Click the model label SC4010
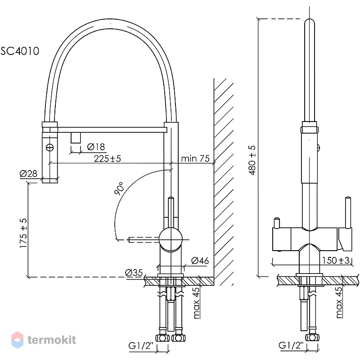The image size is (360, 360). pyautogui.click(x=20, y=51)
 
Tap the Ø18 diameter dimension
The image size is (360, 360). pyautogui.click(x=96, y=147)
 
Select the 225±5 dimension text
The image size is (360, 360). pyautogui.click(x=107, y=158)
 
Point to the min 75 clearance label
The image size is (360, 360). pyautogui.click(x=195, y=158)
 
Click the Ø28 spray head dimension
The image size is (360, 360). pyautogui.click(x=28, y=174)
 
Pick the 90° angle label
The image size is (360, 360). pyautogui.click(x=119, y=189)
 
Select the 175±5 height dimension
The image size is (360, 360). pyautogui.click(x=23, y=233)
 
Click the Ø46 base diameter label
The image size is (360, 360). pyautogui.click(x=200, y=261)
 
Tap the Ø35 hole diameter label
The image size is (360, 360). pyautogui.click(x=134, y=273)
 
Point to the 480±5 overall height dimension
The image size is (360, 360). pyautogui.click(x=252, y=160)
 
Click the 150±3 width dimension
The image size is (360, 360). pyautogui.click(x=336, y=261)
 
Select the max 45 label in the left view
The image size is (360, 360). pyautogui.click(x=196, y=302)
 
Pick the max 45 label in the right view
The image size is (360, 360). pyautogui.click(x=339, y=302)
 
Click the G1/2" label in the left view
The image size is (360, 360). pyautogui.click(x=141, y=346)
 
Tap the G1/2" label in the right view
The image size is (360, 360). pyautogui.click(x=291, y=345)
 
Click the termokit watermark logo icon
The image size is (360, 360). pyautogui.click(x=18, y=340)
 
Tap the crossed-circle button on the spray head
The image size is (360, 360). pyautogui.click(x=50, y=147)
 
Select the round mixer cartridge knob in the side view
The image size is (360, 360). pyautogui.click(x=171, y=239)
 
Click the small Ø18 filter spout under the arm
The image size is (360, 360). pyautogui.click(x=76, y=138)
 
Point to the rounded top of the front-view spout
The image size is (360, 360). pyautogui.click(x=310, y=22)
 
